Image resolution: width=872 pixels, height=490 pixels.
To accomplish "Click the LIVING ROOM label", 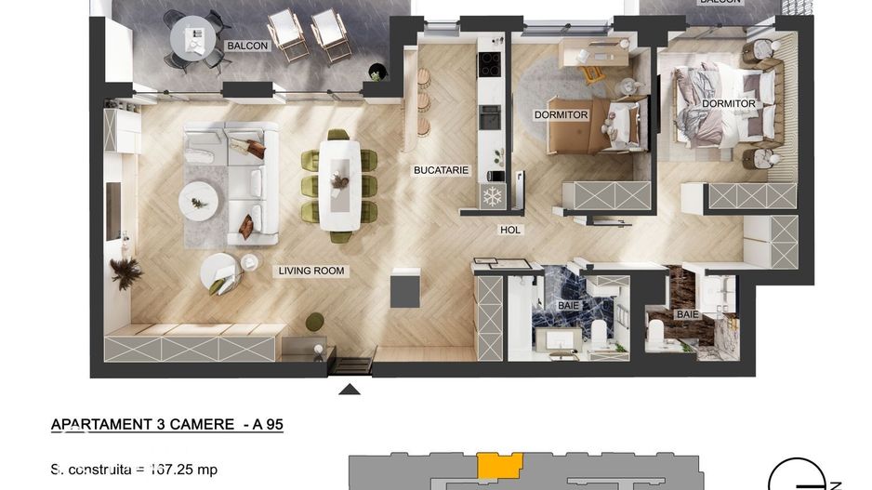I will click(x=311, y=271).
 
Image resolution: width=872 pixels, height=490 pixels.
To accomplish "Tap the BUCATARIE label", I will click(x=441, y=171).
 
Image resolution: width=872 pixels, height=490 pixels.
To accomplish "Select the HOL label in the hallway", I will click(x=510, y=230).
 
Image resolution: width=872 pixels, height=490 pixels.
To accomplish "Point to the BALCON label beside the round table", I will click(x=246, y=46).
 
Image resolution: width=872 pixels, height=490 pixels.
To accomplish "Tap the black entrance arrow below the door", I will click(x=350, y=389).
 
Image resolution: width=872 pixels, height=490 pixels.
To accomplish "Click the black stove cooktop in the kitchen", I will click(x=490, y=63).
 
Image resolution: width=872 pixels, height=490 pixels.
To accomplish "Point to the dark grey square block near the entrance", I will click(x=406, y=289).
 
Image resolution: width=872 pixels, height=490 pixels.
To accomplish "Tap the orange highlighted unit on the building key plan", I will click(x=498, y=465).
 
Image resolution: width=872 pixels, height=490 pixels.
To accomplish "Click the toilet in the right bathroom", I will click(x=657, y=332).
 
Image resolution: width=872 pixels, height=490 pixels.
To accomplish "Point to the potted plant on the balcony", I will click(x=376, y=72).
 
